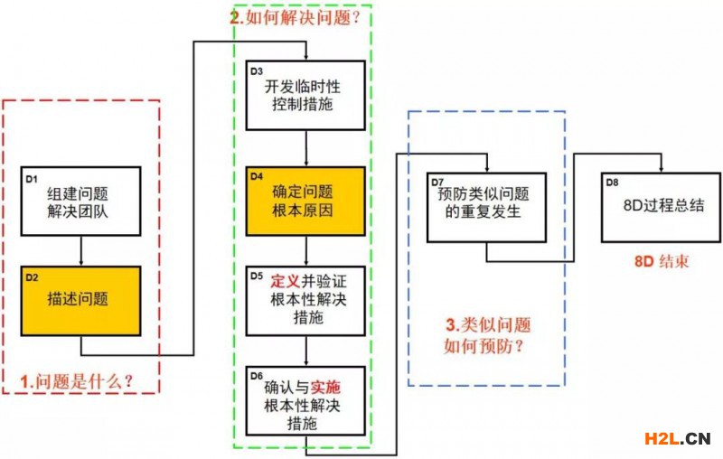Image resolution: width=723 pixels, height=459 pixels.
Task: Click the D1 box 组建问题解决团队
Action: [81, 201]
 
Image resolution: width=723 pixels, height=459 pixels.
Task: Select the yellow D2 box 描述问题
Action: [81, 299]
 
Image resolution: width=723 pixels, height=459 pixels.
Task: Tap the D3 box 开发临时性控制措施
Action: [306, 96]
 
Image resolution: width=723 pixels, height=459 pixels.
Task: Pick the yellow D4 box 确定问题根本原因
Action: [306, 201]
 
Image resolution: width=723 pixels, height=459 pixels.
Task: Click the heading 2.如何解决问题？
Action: [302, 17]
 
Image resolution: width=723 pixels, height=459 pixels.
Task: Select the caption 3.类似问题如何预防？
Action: [487, 335]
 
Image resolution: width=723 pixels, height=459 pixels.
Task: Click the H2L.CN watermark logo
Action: [677, 440]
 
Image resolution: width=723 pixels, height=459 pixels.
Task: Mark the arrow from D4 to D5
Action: [307, 251]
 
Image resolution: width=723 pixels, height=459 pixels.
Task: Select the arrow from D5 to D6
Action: [307, 350]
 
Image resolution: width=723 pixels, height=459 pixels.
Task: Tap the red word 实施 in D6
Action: [324, 387]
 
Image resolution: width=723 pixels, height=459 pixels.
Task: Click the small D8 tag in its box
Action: [612, 182]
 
